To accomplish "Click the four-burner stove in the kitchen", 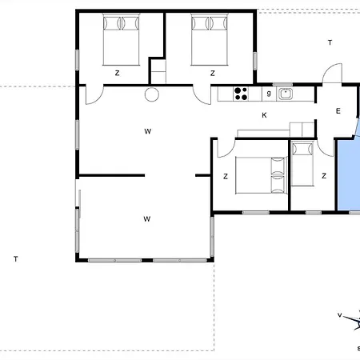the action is [241, 94].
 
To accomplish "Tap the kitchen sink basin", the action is [286, 94].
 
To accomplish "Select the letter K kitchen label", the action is [264, 115].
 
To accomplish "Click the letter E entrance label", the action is [338, 111].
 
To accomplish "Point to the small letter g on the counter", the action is [269, 93].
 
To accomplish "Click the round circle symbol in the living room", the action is [152, 94].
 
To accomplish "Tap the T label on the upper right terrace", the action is [330, 42].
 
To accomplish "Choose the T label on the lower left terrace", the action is [16, 259].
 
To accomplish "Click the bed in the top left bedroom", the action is [121, 39].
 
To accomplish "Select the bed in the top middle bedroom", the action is [210, 39].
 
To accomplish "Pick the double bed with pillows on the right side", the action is [261, 175].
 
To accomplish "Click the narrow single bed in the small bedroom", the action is [302, 164].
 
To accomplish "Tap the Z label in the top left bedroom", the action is [117, 73].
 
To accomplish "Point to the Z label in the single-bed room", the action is [324, 176].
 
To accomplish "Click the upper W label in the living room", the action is [148, 131].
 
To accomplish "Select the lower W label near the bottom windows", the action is [147, 219].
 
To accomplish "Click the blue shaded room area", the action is [349, 174].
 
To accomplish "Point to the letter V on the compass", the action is [340, 315].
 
